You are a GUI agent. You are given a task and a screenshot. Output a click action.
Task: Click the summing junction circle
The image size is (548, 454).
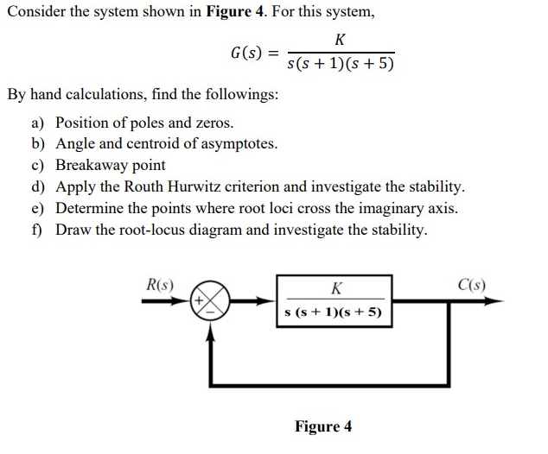click(211, 302)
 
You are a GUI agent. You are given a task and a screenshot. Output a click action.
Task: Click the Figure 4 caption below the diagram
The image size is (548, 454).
click(322, 426)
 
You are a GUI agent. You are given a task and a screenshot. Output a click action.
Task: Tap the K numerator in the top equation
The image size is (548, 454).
click(340, 40)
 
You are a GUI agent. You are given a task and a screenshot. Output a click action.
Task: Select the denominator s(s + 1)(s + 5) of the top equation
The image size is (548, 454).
click(340, 64)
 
